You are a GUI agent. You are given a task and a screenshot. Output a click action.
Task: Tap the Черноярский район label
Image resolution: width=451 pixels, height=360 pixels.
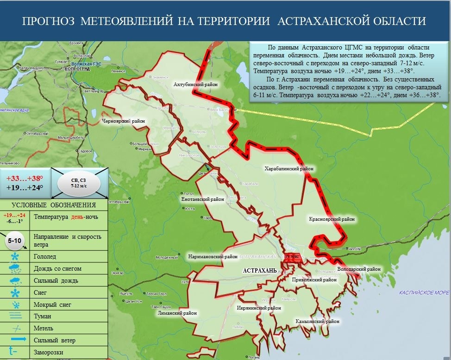[x=123, y=121]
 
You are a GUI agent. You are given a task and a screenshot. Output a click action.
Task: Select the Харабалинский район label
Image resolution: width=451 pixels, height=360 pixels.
[x=288, y=169]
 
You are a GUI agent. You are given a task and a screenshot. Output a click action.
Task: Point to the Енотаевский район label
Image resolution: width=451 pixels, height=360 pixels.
[x=202, y=199]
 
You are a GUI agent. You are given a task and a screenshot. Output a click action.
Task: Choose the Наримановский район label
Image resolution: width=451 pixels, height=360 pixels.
[x=213, y=256]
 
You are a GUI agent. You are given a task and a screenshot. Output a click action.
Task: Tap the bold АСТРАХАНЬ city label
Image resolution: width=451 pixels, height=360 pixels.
[x=259, y=270]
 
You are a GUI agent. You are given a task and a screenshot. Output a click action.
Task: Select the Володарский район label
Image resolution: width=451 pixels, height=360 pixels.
[x=359, y=269]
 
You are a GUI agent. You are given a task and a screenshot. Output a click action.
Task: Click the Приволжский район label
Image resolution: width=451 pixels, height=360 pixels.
[x=314, y=280]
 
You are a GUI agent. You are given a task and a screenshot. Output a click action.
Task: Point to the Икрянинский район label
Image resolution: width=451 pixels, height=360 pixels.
[x=258, y=308]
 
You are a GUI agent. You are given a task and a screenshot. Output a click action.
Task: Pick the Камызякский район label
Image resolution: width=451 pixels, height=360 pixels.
[x=317, y=321]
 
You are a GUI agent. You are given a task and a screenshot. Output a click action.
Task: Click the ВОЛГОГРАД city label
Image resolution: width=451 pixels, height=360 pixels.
[x=77, y=68]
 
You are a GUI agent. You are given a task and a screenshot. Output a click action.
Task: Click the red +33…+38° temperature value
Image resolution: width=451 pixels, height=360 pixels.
[x=25, y=178]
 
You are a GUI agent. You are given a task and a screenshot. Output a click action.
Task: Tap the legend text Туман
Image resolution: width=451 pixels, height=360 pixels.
[x=43, y=317]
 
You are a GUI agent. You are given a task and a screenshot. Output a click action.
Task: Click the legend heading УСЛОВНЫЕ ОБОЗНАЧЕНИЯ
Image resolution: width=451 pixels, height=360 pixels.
[x=54, y=205]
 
